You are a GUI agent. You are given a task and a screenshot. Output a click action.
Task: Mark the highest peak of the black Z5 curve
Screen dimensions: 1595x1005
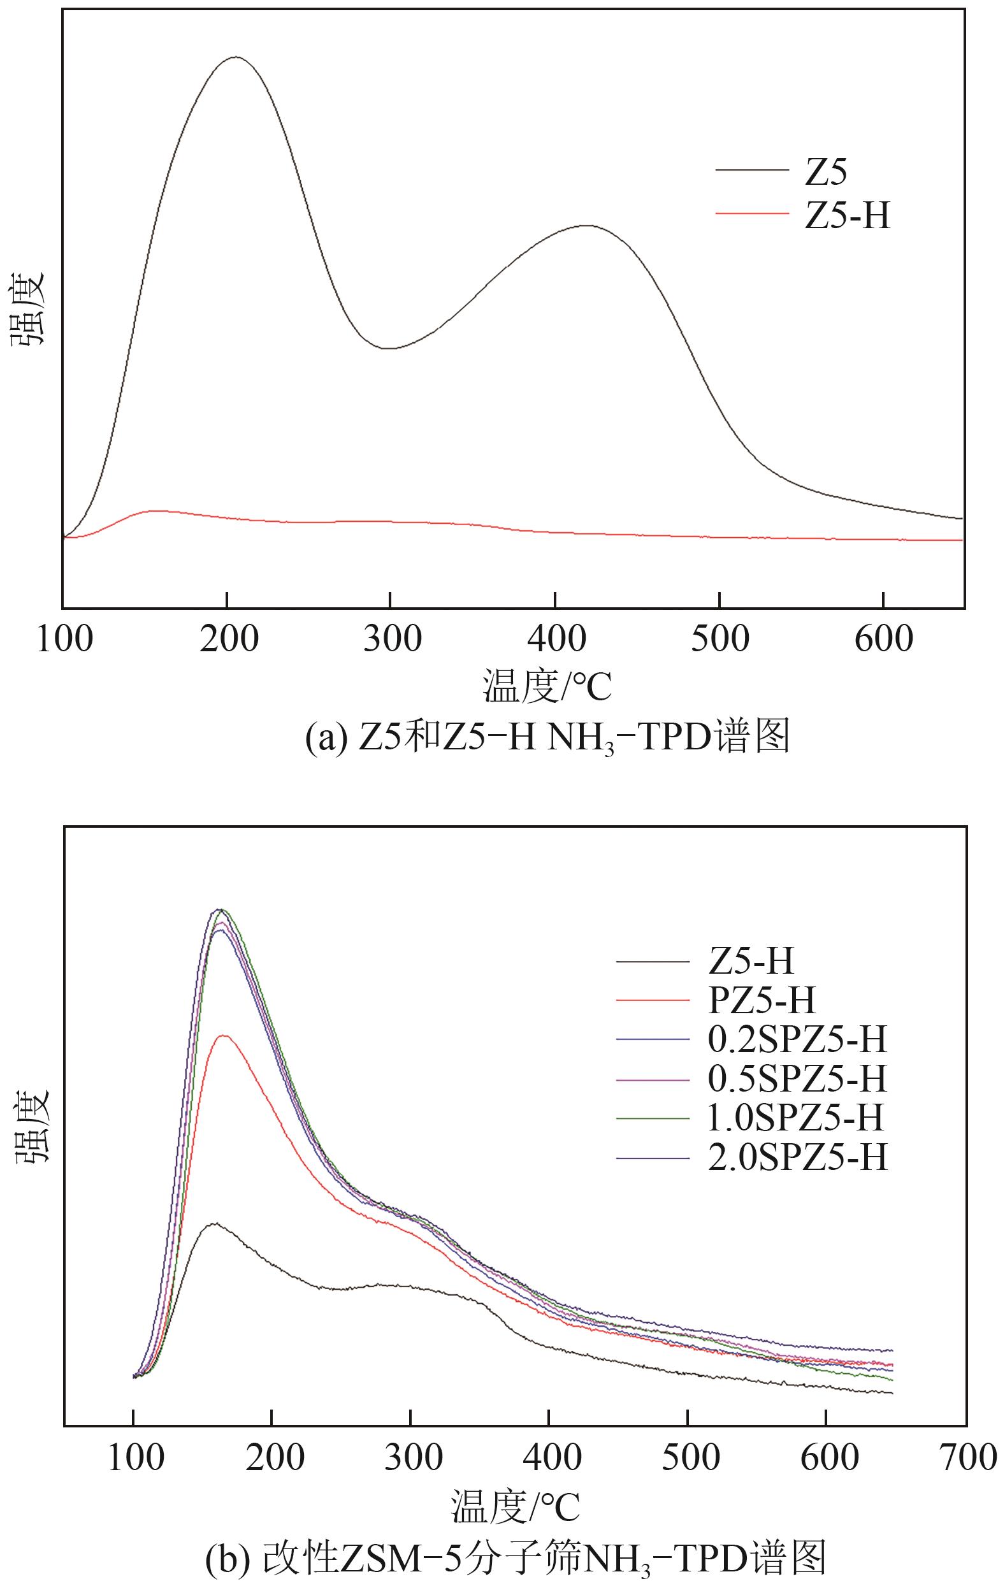pos(236,57)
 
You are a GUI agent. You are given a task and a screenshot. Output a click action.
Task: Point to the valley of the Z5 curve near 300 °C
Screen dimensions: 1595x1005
pos(391,349)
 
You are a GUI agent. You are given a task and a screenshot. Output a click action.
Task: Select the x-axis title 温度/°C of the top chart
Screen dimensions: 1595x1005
pos(547,686)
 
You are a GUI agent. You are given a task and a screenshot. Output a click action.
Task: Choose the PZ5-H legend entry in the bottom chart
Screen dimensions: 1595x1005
pos(761,1000)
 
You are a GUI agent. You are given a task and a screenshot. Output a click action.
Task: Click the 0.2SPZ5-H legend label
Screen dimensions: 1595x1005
pos(797,1039)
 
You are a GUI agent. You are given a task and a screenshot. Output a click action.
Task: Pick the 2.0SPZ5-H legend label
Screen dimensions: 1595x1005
pos(797,1157)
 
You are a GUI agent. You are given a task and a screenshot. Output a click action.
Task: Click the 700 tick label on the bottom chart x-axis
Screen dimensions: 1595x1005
pos(967,1457)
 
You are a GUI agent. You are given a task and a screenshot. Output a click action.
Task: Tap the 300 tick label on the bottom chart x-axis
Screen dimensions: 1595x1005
pos(412,1457)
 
